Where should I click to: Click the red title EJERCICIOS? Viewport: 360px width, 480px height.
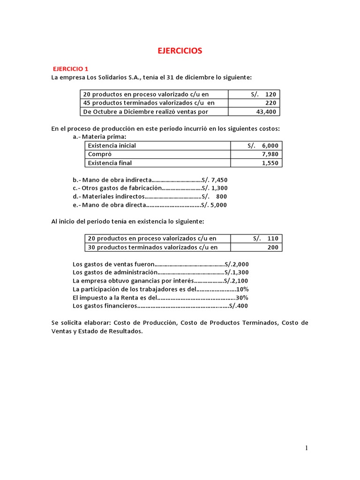pos(180,51)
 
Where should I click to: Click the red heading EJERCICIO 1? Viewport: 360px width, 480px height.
pos(71,68)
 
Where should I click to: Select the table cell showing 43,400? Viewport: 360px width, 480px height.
pos(267,112)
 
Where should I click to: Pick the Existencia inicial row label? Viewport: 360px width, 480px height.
pos(112,145)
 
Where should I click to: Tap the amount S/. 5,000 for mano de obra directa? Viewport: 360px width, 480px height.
pos(215,205)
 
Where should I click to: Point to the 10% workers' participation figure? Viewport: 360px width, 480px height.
pos(242,289)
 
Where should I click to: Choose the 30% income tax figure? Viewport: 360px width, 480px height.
pos(242,298)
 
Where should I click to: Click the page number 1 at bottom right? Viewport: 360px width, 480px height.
pos(307,448)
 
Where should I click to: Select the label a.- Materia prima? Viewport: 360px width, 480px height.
pos(99,137)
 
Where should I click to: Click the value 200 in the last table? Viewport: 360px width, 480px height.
pos(273,247)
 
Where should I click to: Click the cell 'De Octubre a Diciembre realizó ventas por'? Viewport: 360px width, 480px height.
pos(146,112)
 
